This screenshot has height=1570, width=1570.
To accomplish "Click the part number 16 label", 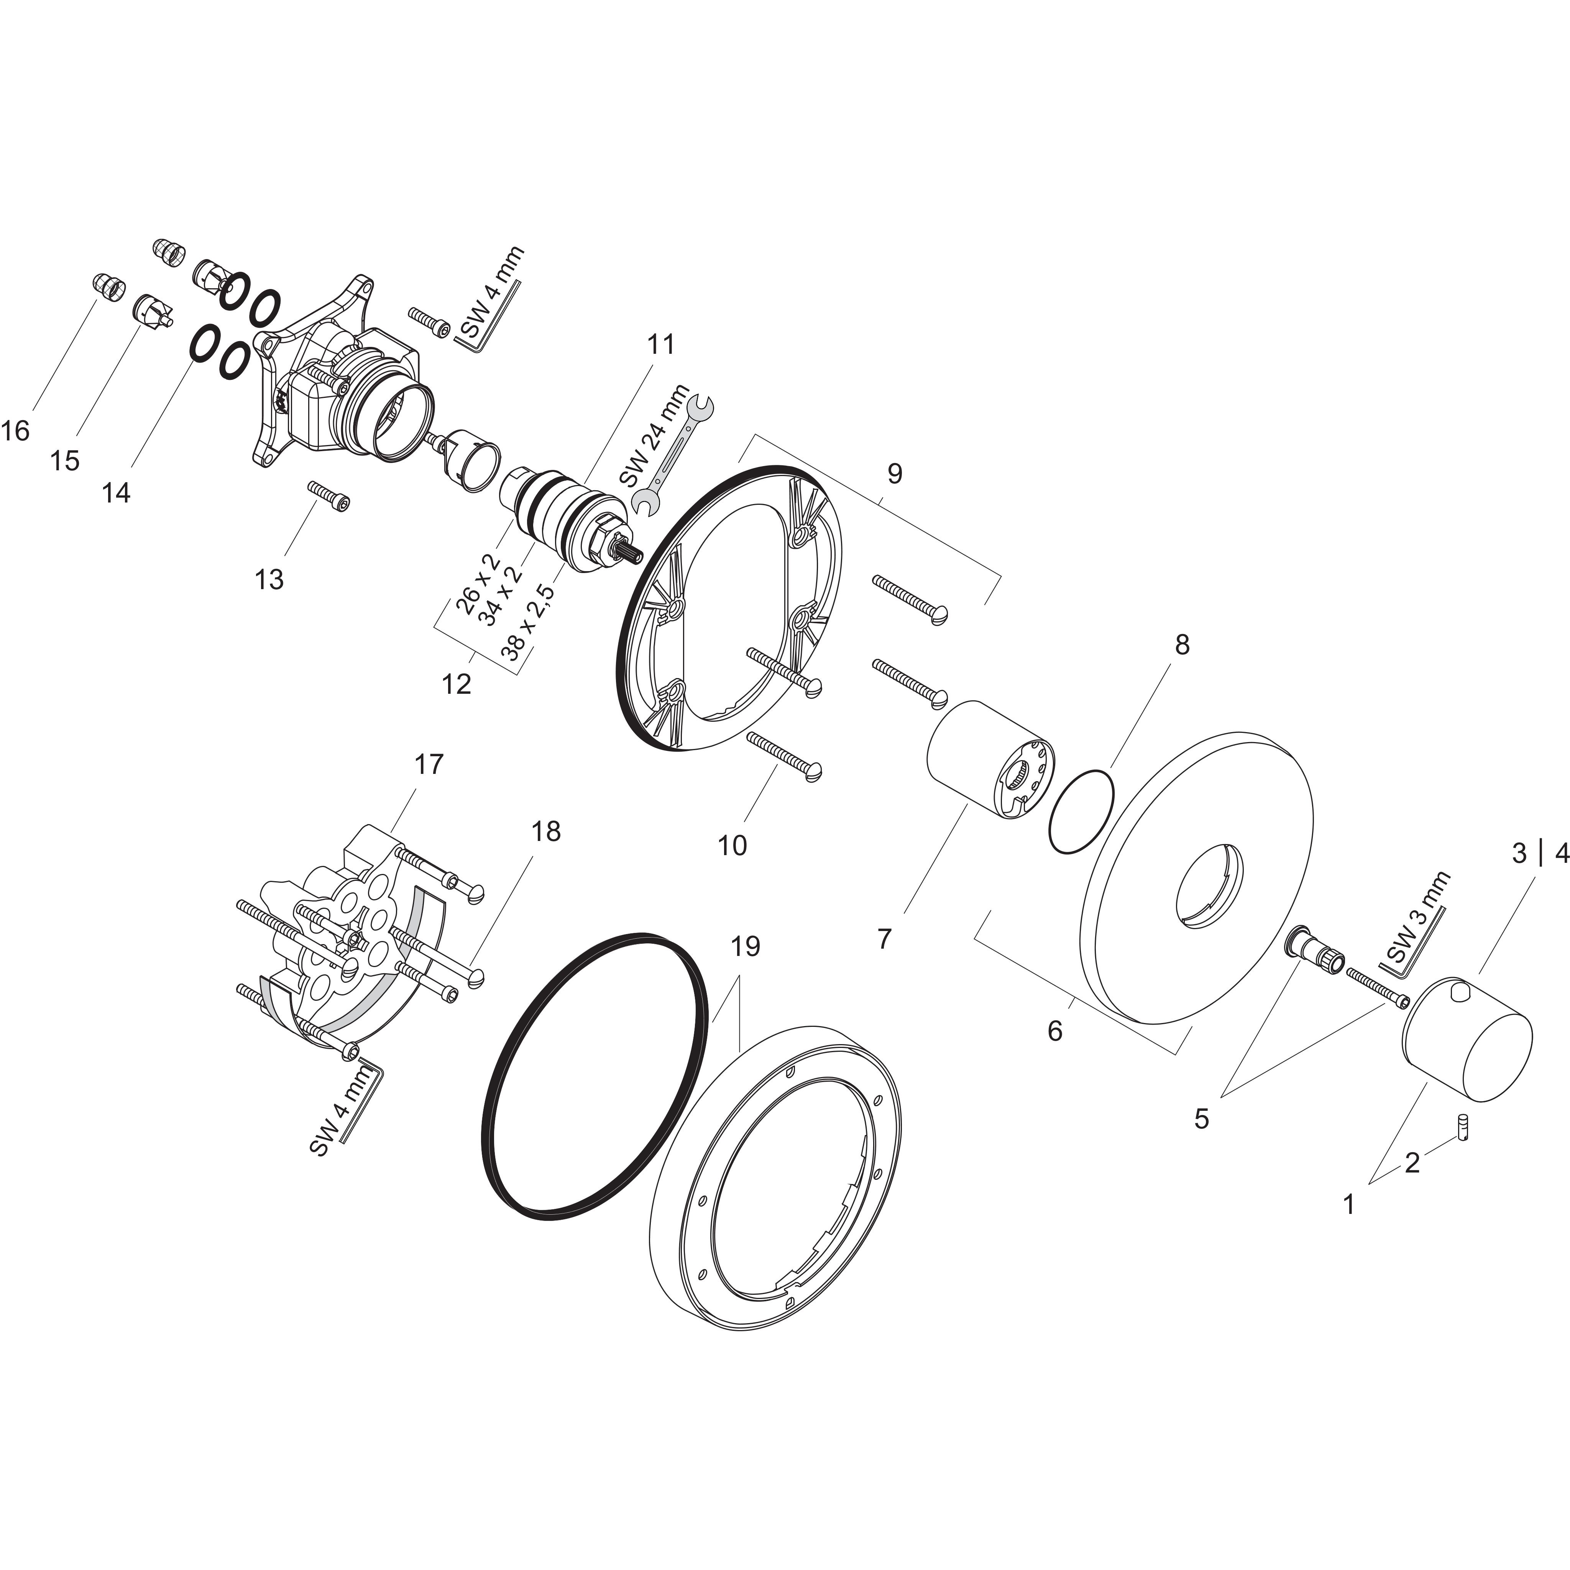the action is (x=15, y=431).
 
